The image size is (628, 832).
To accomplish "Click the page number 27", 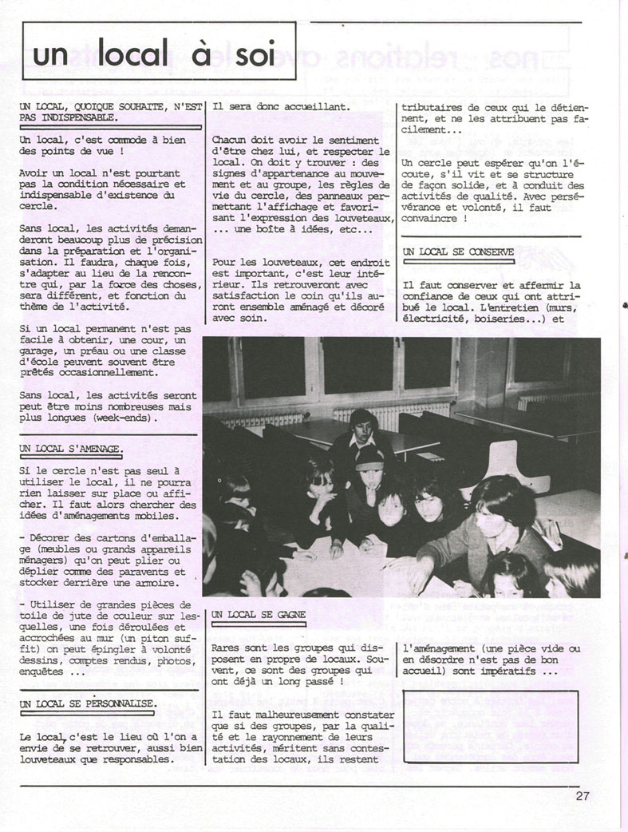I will [581, 795].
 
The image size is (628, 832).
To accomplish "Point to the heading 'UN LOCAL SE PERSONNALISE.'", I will [88, 703].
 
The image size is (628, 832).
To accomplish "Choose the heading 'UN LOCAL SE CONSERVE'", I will [458, 252].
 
